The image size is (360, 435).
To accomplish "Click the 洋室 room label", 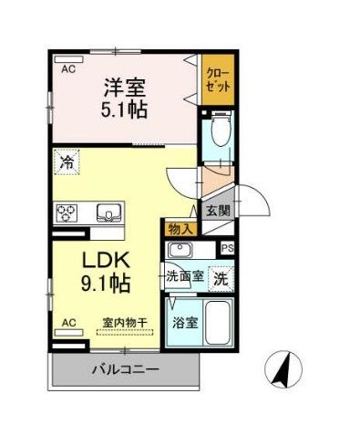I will coord(125,88).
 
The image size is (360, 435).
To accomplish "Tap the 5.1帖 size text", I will coord(125,109).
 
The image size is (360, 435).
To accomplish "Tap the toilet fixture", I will coord(219,135).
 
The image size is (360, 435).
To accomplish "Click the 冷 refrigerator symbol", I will coord(67,164).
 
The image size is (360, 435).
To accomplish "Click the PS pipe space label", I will coord(228,248).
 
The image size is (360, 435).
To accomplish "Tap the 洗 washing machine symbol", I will coord(221,278).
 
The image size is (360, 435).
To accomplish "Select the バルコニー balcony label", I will coord(125,369).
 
